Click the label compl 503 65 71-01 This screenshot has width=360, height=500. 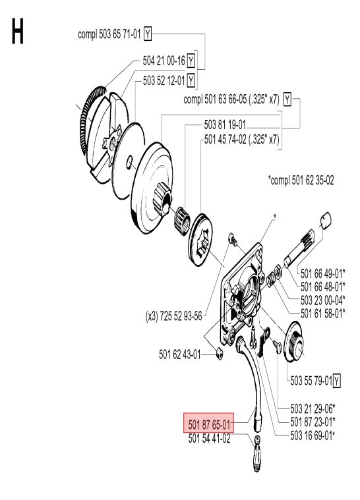[x=108, y=32]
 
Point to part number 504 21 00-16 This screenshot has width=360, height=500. [x=164, y=61]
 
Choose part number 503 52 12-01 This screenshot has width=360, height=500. [x=164, y=80]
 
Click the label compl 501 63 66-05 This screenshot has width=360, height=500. [x=231, y=100]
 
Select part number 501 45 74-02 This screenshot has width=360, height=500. [x=241, y=140]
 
